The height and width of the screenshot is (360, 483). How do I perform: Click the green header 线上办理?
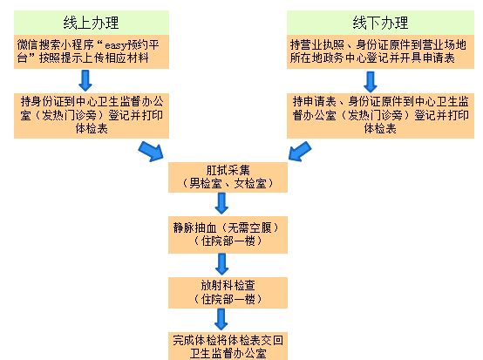[x=92, y=23]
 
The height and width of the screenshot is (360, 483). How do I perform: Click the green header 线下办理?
[x=380, y=23]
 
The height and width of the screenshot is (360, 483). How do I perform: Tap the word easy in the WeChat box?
[x=115, y=45]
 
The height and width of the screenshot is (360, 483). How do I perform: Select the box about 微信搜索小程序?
[x=92, y=51]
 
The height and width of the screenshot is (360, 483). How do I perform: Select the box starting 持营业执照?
[x=380, y=51]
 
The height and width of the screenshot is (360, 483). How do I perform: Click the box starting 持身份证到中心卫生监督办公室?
[x=92, y=116]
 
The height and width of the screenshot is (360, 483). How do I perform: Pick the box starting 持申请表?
[x=380, y=116]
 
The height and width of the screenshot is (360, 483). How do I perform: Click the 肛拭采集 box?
[x=228, y=177]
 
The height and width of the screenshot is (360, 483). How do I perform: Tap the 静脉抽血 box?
[x=228, y=234]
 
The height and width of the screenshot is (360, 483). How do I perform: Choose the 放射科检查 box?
[x=228, y=293]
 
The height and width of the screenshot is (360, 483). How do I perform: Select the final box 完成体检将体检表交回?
[x=228, y=346]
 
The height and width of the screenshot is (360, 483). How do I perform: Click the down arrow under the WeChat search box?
[x=85, y=80]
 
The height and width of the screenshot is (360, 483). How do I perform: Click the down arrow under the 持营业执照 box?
[x=371, y=82]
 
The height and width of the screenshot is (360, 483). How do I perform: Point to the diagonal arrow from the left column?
[x=151, y=151]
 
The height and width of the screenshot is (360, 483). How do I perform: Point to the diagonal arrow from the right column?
[x=300, y=151]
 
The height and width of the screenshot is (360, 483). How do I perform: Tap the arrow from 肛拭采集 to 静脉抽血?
[x=221, y=203]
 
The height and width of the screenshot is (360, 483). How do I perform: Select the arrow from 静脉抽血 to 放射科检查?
[x=221, y=264]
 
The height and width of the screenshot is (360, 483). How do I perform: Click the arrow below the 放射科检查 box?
[x=221, y=319]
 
